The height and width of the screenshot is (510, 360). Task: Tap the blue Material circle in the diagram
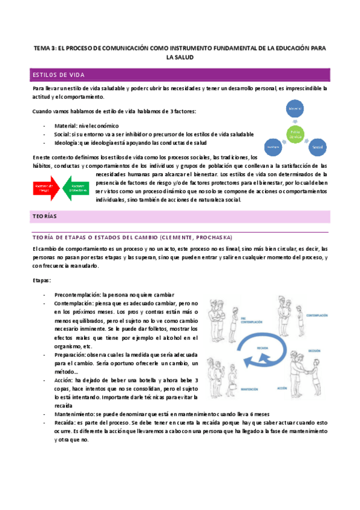click(294, 109)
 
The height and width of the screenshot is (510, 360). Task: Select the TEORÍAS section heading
click(46, 215)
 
